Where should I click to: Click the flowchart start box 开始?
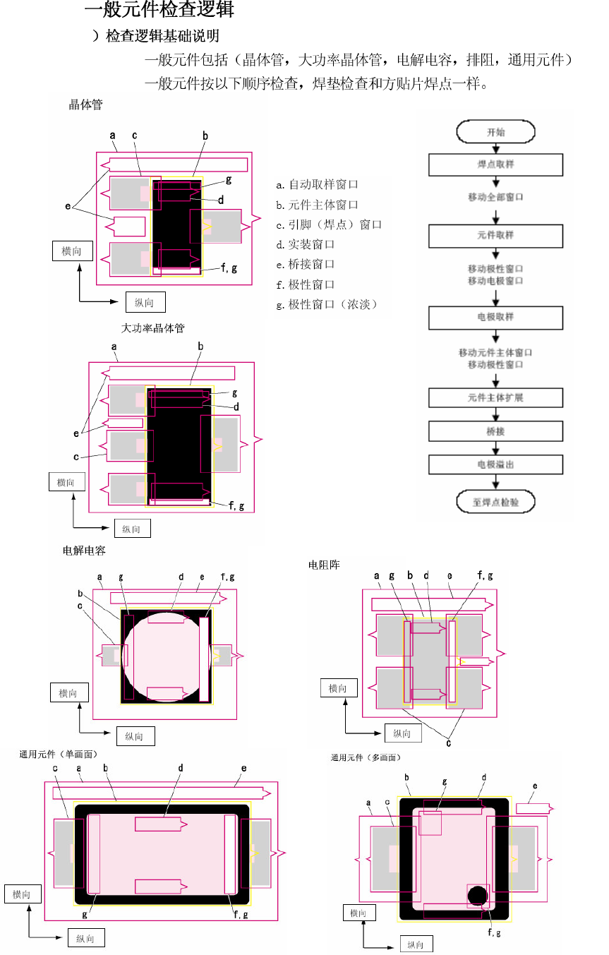point(495,131)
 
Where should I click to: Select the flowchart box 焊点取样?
point(495,164)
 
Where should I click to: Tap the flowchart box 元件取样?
point(495,235)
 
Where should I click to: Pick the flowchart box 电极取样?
point(495,317)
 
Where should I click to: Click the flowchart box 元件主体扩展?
point(495,397)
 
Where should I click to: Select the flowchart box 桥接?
point(495,431)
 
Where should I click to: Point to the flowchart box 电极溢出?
point(495,464)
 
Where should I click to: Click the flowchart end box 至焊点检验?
point(495,503)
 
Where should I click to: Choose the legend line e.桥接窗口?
point(305,264)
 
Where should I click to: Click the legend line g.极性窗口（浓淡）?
point(327,304)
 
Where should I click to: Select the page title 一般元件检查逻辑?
point(159,11)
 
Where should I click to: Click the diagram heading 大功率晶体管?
point(152,328)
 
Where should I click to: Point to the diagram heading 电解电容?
point(84,550)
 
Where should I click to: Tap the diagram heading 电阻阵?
point(324,565)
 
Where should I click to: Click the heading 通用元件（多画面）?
point(366,757)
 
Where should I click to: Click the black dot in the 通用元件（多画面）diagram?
point(477,896)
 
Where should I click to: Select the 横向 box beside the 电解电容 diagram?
point(68,693)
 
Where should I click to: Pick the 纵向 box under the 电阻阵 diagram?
point(402,733)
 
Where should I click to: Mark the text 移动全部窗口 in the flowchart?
point(495,197)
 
